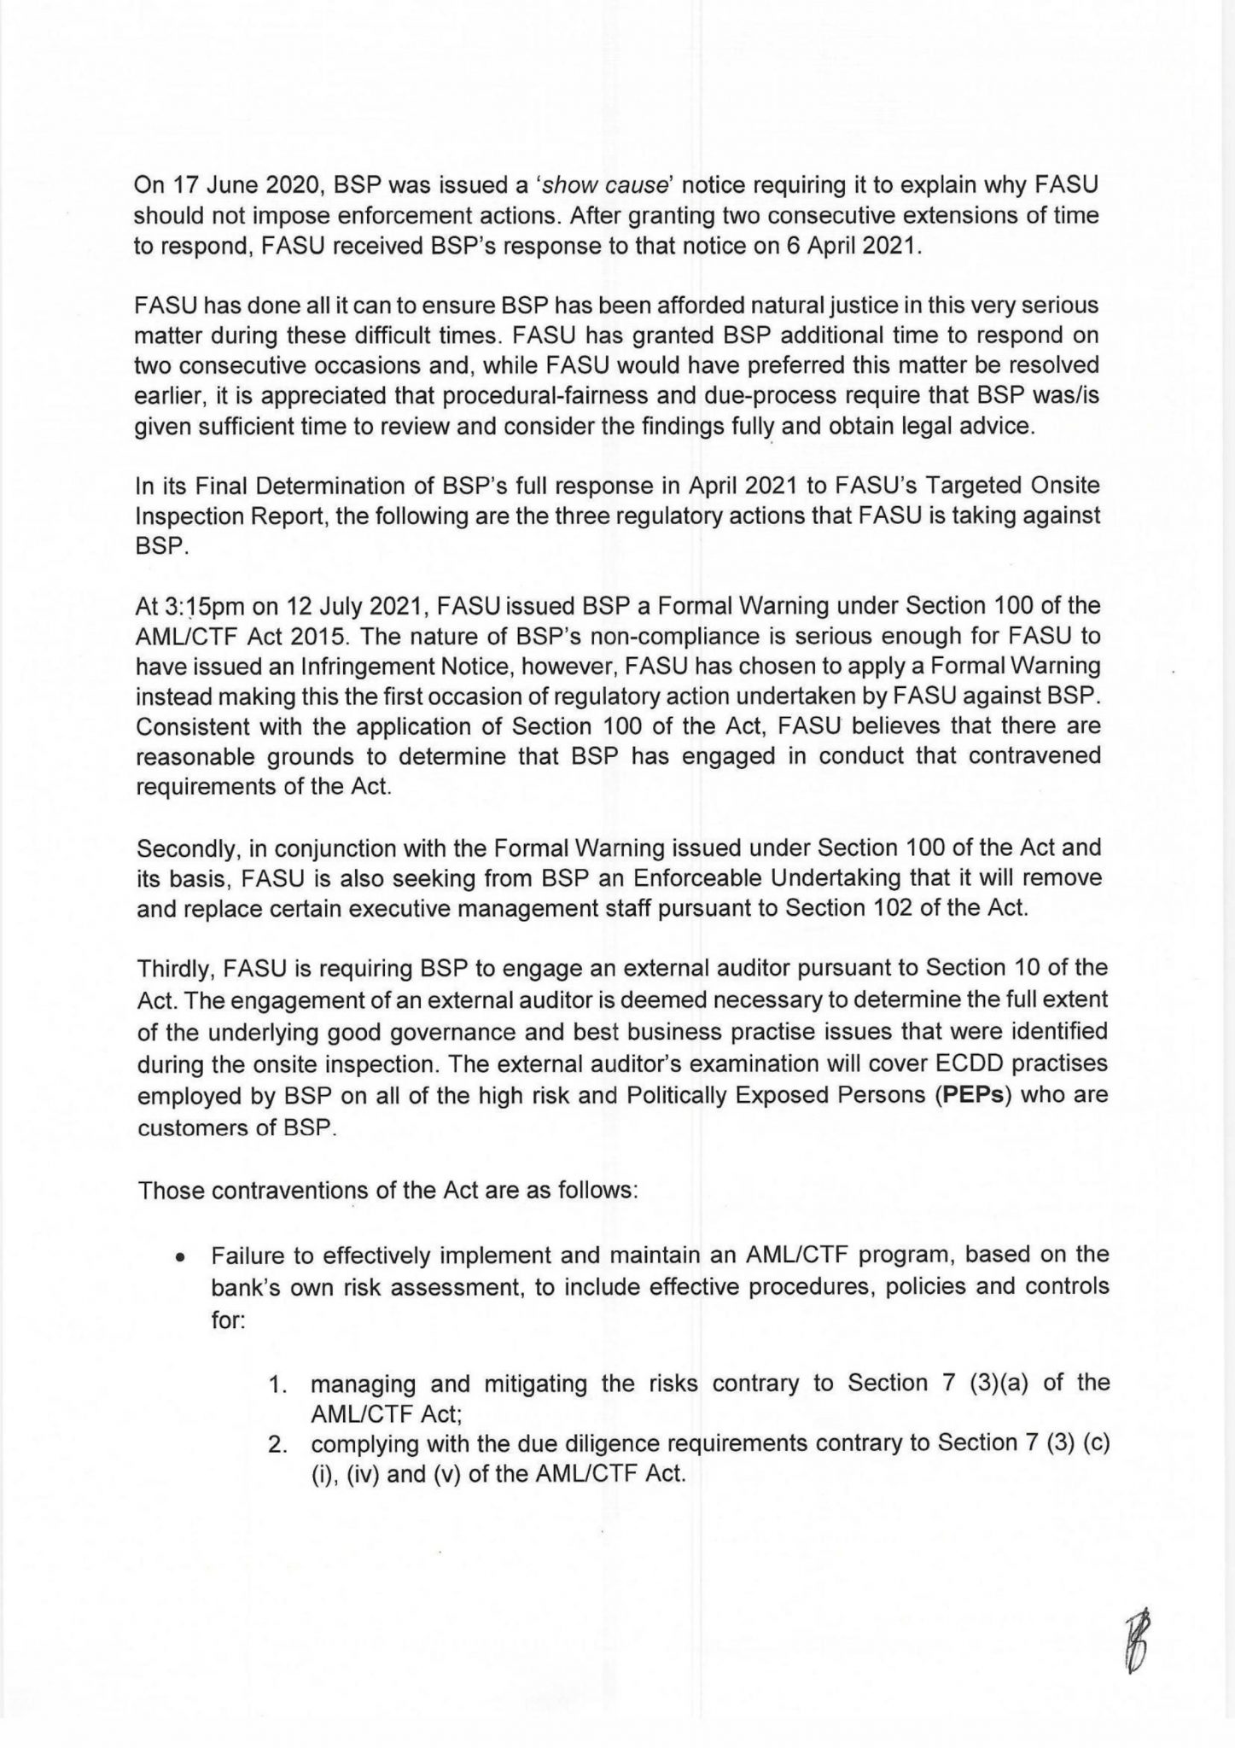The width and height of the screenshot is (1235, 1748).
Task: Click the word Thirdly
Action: click(175, 969)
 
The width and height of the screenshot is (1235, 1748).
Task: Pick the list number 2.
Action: click(276, 1447)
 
